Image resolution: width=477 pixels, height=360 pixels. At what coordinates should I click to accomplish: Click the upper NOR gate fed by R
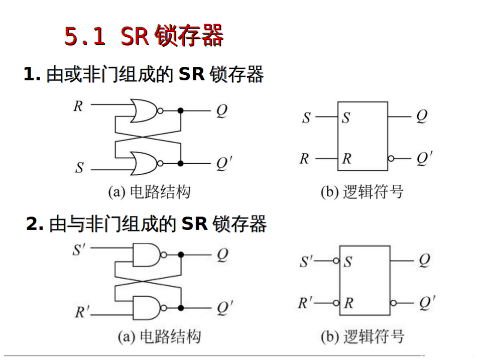click(143, 110)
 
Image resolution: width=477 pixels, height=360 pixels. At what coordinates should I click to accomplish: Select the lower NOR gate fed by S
click(143, 163)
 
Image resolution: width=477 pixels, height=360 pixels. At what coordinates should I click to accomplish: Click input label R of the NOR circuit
click(78, 106)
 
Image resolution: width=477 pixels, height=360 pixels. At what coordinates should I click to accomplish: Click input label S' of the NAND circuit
click(79, 250)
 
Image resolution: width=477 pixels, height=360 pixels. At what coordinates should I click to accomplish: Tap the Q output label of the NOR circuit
click(221, 110)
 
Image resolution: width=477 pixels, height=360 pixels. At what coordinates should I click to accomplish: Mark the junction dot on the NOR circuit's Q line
click(181, 110)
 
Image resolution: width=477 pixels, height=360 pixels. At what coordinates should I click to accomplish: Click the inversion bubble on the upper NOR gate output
click(160, 110)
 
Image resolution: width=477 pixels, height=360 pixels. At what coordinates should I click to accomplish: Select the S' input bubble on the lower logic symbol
click(336, 261)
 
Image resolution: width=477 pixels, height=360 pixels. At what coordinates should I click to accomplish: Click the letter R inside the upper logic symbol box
click(347, 159)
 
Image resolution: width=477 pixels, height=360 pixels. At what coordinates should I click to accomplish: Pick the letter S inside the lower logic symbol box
click(347, 262)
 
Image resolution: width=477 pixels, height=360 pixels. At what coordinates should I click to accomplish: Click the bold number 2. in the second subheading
click(35, 224)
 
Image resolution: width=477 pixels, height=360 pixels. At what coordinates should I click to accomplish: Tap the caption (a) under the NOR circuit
click(116, 192)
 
